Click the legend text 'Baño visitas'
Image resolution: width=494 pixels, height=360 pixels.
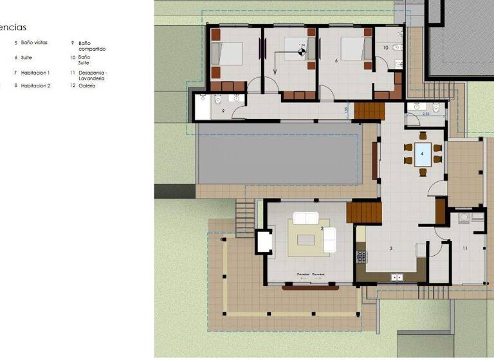click(34, 42)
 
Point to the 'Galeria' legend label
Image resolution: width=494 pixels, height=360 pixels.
click(87, 85)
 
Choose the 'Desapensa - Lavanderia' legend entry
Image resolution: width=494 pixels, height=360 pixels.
click(93, 75)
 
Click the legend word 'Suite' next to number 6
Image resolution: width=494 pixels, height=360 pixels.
click(26, 57)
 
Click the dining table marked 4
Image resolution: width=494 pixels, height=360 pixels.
click(423, 155)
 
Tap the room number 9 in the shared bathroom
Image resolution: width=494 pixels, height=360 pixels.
click(223, 111)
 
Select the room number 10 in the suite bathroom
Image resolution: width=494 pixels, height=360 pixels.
click(386, 48)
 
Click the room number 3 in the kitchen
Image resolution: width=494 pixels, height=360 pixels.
click(390, 248)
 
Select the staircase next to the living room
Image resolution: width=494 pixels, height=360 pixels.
click(363, 212)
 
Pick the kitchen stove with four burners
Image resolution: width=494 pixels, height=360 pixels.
click(361, 256)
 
